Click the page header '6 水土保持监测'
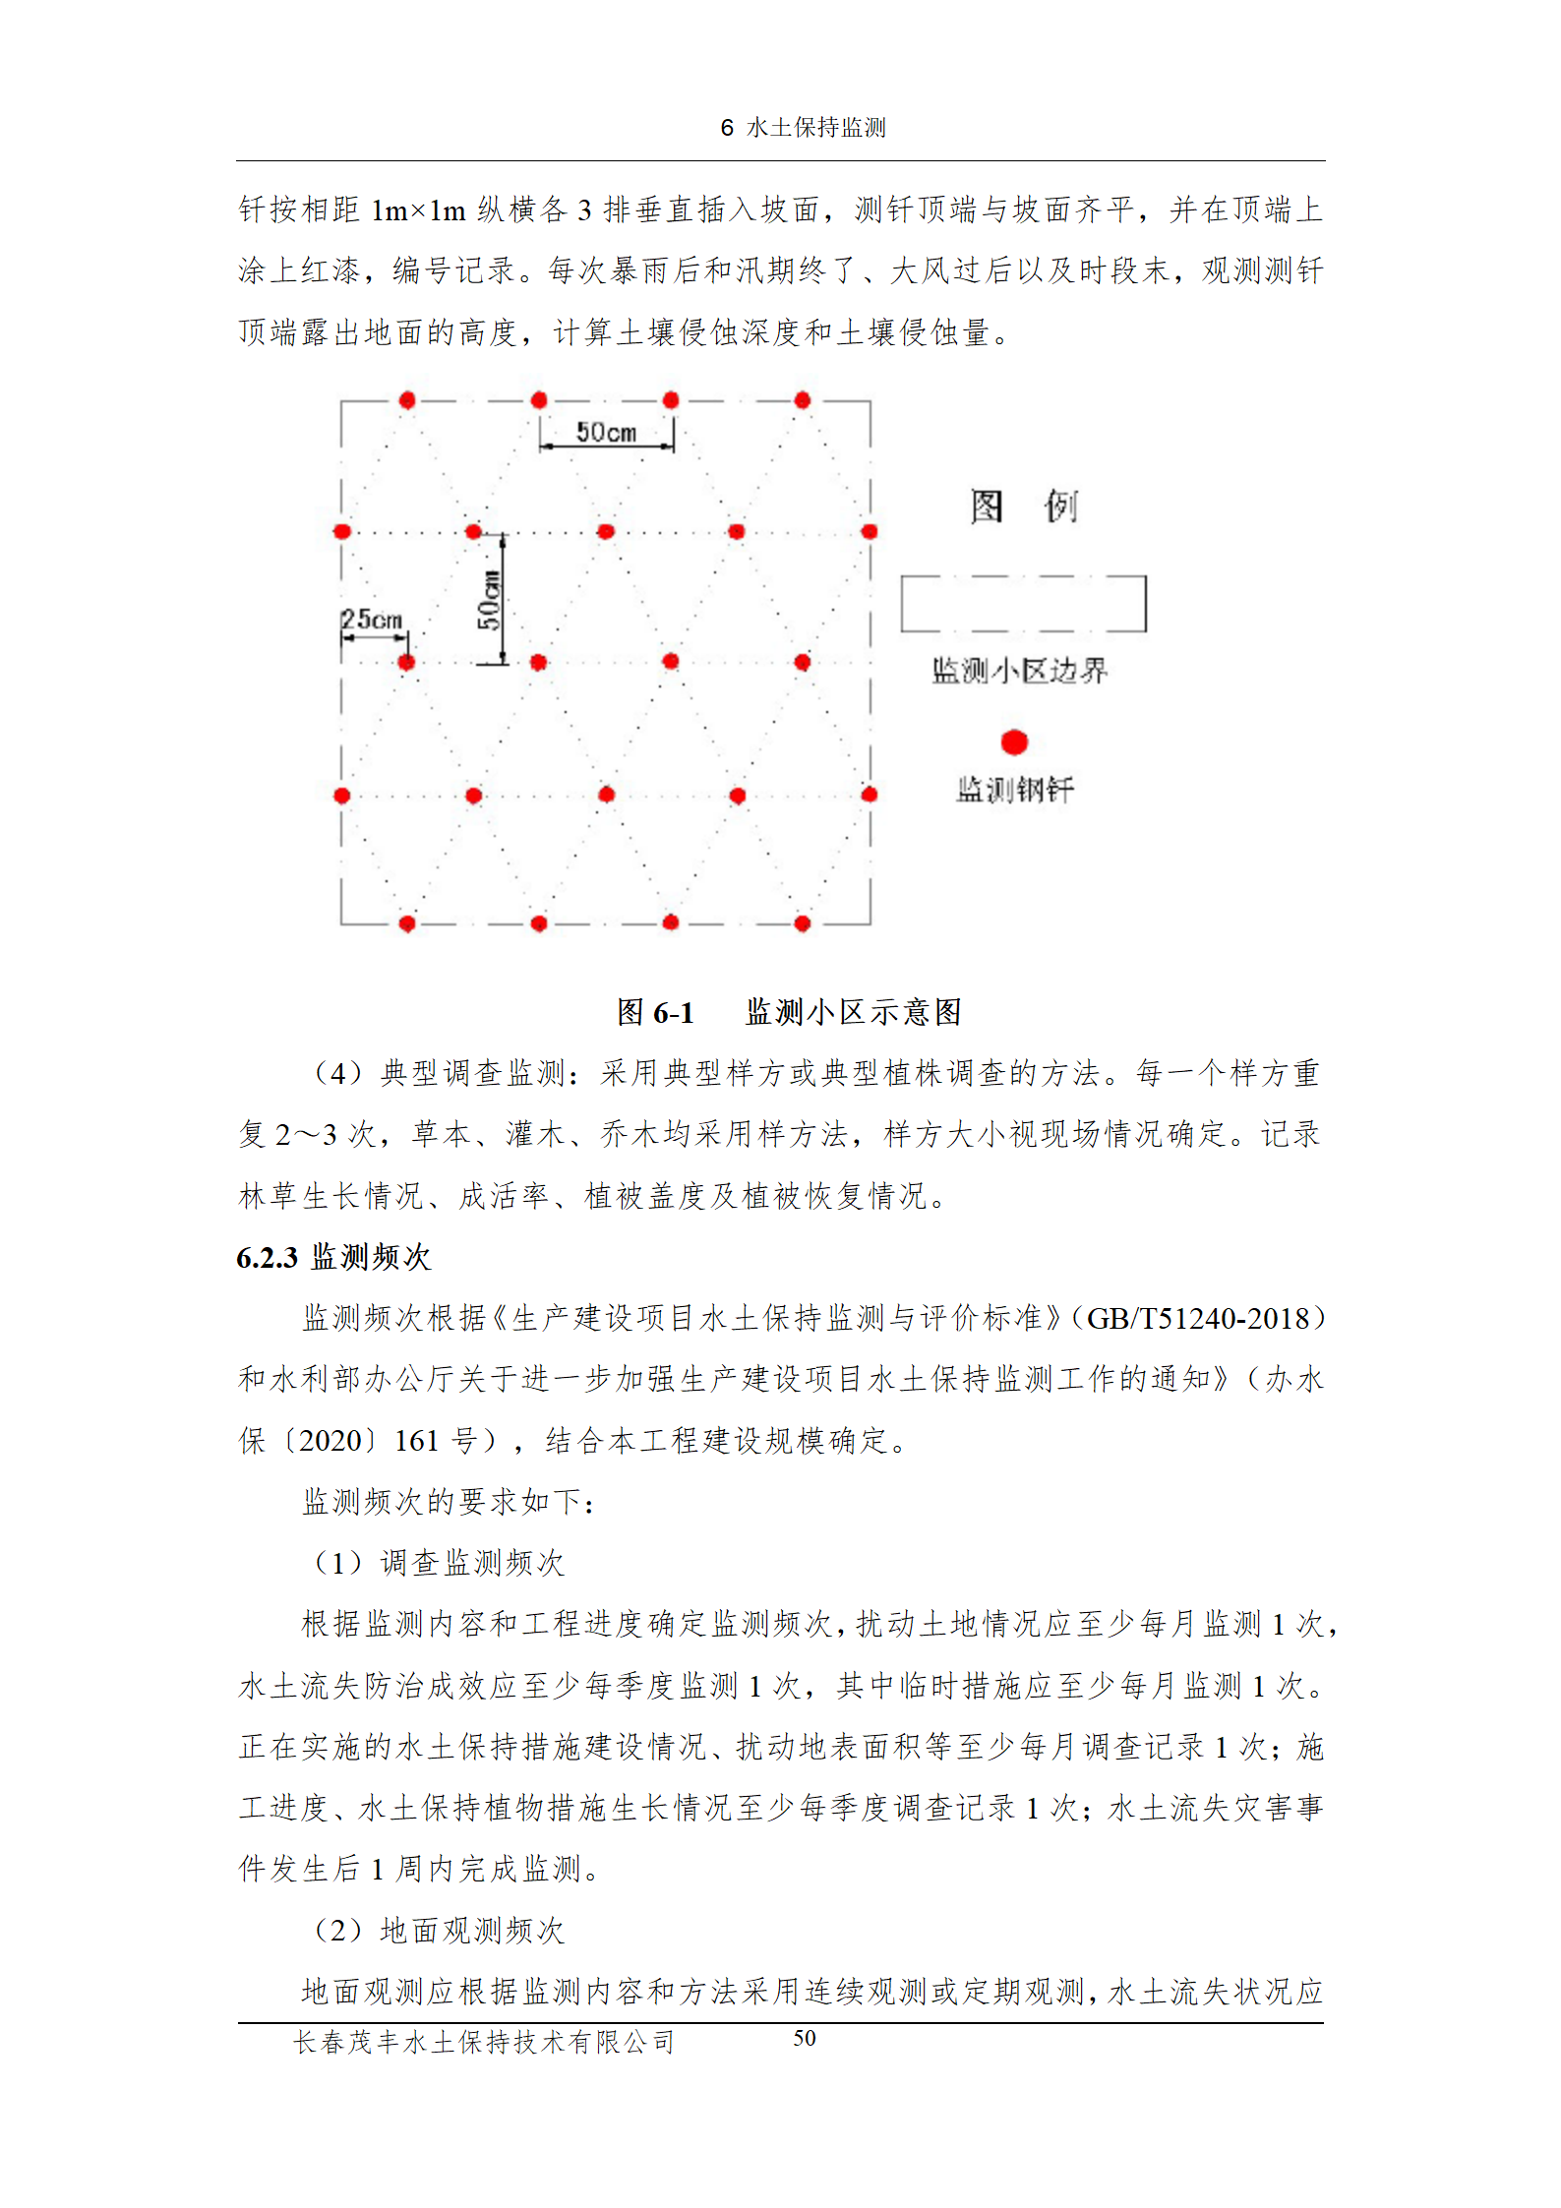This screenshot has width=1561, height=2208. click(803, 128)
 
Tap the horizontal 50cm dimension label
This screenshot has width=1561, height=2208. click(606, 433)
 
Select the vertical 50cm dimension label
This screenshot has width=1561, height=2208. click(489, 600)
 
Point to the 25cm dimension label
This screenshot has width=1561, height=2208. click(372, 620)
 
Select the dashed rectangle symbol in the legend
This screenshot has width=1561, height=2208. click(1023, 603)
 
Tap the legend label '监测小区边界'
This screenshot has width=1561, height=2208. click(1020, 671)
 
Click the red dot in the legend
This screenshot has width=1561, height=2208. click(1014, 742)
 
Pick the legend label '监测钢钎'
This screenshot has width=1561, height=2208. click(1015, 789)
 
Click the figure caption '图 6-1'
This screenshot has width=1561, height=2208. click(655, 1012)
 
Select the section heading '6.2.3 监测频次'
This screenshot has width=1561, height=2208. click(333, 1257)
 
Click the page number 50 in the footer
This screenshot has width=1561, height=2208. click(805, 2038)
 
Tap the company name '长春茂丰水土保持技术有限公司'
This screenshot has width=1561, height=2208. click(484, 2042)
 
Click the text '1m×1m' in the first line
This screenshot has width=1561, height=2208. click(418, 209)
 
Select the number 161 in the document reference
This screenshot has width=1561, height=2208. click(416, 1441)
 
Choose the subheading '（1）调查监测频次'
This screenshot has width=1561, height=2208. click(439, 1563)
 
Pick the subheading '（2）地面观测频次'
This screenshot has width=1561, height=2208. click(439, 1931)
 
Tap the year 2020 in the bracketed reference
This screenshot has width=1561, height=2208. click(330, 1441)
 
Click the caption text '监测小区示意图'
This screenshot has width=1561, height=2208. click(854, 1012)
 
